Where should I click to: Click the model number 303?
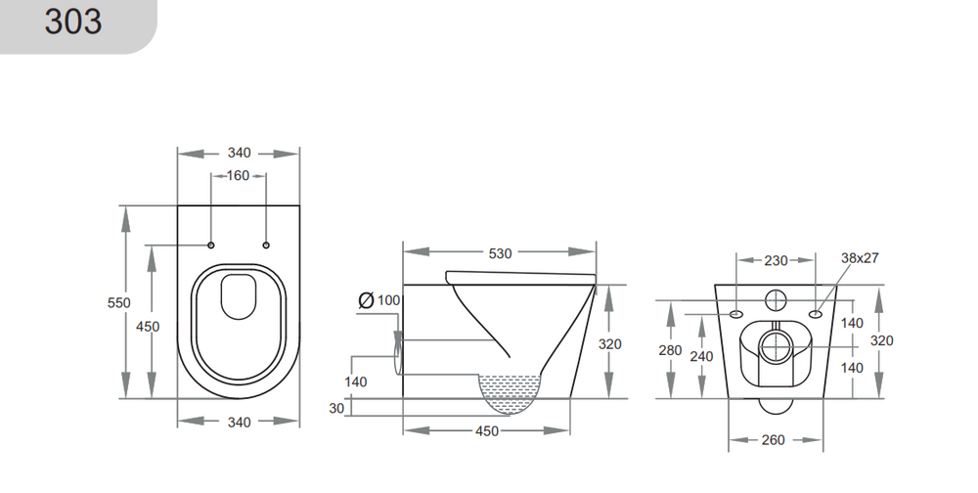(x=72, y=22)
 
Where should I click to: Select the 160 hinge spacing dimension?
(x=239, y=176)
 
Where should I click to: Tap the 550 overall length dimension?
(x=118, y=302)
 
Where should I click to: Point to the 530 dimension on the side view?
(x=500, y=253)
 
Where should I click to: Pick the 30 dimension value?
(x=336, y=408)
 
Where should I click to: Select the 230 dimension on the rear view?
(x=776, y=261)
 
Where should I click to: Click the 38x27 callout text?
(x=861, y=258)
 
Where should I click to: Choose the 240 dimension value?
(x=701, y=357)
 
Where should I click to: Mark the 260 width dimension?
(x=773, y=440)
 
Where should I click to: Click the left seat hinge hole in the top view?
(x=211, y=244)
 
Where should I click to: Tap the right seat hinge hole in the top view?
(x=266, y=244)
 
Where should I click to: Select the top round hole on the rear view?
(x=776, y=298)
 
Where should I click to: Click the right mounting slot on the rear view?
(x=815, y=314)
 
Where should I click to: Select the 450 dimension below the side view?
(x=486, y=430)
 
